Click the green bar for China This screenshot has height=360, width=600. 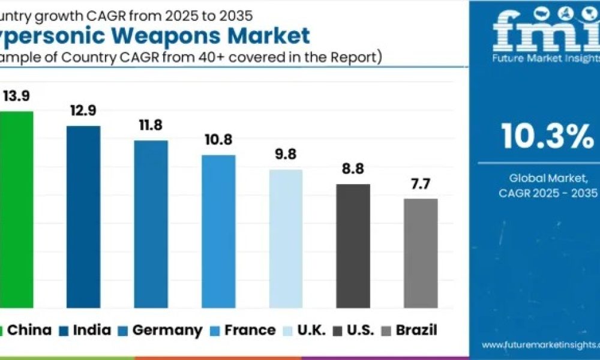[x=16, y=210]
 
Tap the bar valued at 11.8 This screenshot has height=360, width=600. [x=151, y=224]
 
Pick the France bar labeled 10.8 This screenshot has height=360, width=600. [x=218, y=232]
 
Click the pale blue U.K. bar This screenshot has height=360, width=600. [x=286, y=239]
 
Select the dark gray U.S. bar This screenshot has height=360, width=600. [x=353, y=246]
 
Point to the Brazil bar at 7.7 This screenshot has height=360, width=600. [x=421, y=253]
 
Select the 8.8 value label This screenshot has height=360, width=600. [x=352, y=169]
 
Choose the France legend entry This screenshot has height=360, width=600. [x=242, y=330]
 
